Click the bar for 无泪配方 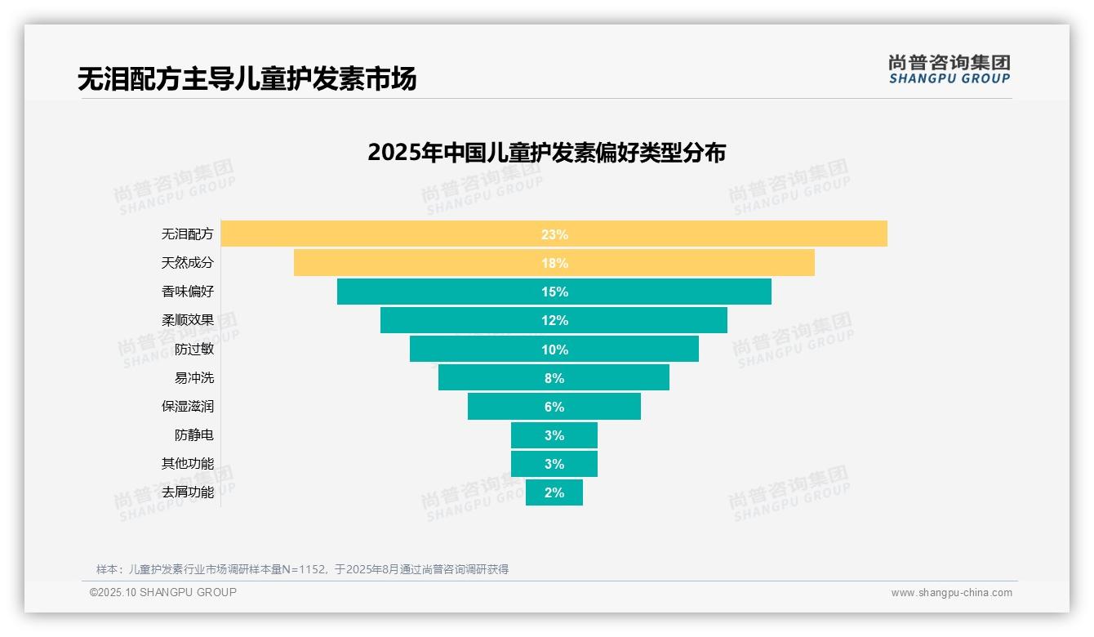pos(408,234)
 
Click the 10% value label pos(554,350)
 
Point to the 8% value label pos(554,378)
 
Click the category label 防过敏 pos(194,349)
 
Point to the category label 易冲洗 pos(194,377)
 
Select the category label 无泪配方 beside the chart pos(188,234)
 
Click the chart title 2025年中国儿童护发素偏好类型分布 pos(546,153)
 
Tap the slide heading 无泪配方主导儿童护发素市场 pos(247,79)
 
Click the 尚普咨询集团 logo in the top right pos(949,69)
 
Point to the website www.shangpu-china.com pos(951,593)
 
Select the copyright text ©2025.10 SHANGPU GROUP pos(163,592)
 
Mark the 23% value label pos(554,234)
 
